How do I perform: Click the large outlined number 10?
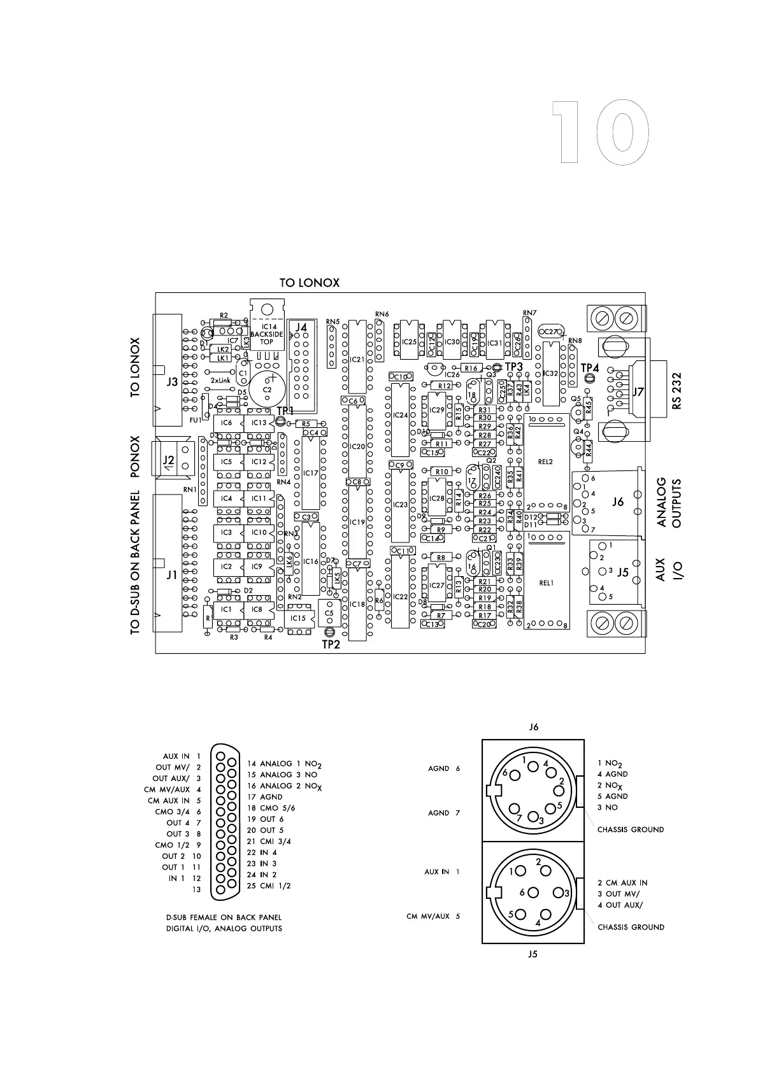click(x=600, y=132)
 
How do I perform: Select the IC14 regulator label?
click(x=267, y=327)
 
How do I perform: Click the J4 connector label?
click(x=301, y=327)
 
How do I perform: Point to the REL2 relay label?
click(x=545, y=462)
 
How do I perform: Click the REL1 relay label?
click(x=546, y=582)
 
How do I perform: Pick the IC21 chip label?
click(x=357, y=360)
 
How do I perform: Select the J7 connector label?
click(x=638, y=393)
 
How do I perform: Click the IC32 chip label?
click(x=550, y=373)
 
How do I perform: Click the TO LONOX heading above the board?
click(x=310, y=283)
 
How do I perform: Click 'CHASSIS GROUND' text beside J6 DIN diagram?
click(x=631, y=829)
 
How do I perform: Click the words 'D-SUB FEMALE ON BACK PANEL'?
click(x=224, y=917)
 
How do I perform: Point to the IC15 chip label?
click(x=298, y=618)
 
